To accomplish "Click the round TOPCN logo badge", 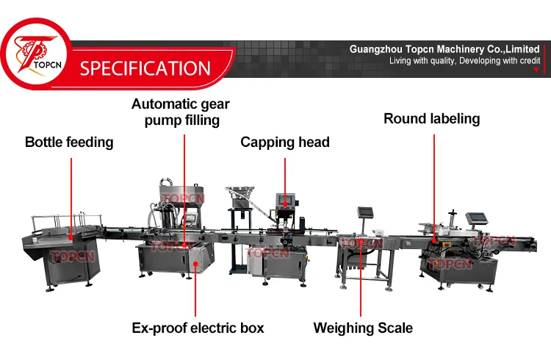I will [34, 56].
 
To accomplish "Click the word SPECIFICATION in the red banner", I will [145, 69].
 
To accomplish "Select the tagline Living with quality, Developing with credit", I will [464, 60].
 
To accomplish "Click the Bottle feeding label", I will [70, 142].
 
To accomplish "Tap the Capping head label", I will [285, 142].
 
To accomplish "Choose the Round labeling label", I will [431, 118].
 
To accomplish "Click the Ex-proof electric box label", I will [198, 328].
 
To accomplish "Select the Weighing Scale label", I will [363, 328].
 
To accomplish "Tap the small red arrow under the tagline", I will [536, 70].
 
